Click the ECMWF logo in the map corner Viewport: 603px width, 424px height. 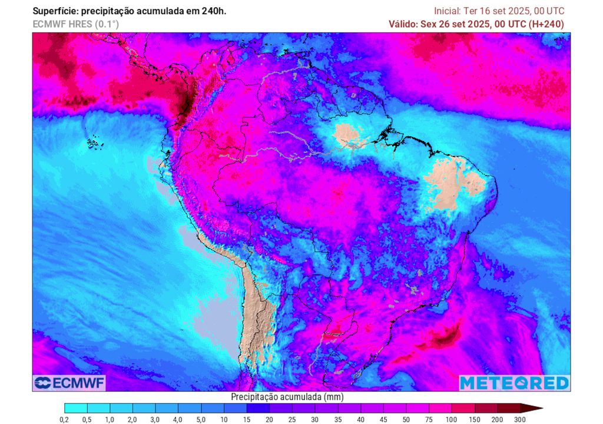(69, 383)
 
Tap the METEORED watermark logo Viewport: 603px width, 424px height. (514, 383)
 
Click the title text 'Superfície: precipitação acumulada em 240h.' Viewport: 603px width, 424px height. (130, 11)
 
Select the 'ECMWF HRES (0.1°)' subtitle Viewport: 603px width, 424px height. (75, 24)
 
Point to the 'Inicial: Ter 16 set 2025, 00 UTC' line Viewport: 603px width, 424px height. (499, 11)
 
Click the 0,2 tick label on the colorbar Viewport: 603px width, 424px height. (64, 419)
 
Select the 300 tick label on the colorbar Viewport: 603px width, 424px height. (519, 419)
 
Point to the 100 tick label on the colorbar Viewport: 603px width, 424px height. (451, 419)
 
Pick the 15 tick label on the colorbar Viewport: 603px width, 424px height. (246, 419)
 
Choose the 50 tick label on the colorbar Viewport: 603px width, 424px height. (406, 419)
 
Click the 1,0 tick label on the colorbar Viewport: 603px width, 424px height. (110, 419)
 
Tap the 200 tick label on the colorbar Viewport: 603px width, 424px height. (496, 419)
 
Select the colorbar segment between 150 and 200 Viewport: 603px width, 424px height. (485, 408)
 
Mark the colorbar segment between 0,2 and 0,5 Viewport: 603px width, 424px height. (75, 408)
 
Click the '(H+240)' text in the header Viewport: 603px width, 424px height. (546, 24)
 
